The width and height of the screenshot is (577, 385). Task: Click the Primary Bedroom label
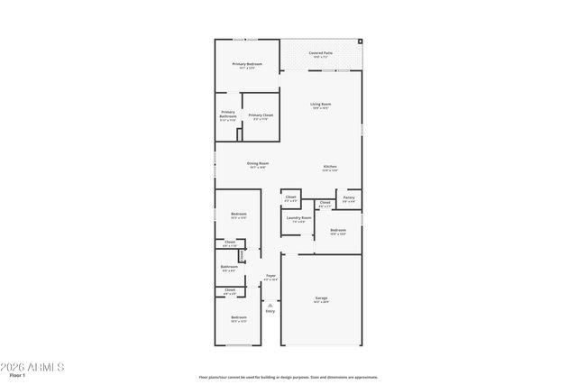point(247,64)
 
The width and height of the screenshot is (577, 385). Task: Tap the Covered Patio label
point(321,53)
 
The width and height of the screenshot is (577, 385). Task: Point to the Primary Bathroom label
point(228,115)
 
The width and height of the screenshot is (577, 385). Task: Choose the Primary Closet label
point(261,115)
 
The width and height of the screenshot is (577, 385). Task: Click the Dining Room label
point(258,163)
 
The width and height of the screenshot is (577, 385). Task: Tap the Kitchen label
point(331,168)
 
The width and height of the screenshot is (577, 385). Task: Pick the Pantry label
point(349,197)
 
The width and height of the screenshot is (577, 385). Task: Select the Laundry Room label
point(299,217)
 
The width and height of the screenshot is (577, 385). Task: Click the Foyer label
point(270,276)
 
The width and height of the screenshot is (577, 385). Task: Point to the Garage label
point(321,298)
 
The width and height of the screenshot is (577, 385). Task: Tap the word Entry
point(270,311)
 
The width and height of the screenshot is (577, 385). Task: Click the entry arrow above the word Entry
point(270,305)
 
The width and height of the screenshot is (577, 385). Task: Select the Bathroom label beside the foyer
point(230,266)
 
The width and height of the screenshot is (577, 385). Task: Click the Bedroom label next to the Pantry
point(338,231)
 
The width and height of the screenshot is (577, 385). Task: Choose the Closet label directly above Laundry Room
point(290,197)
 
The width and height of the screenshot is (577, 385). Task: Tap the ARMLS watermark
point(33,367)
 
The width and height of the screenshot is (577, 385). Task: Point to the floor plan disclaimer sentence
point(288,377)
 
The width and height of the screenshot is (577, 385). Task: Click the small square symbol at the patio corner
point(360,41)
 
